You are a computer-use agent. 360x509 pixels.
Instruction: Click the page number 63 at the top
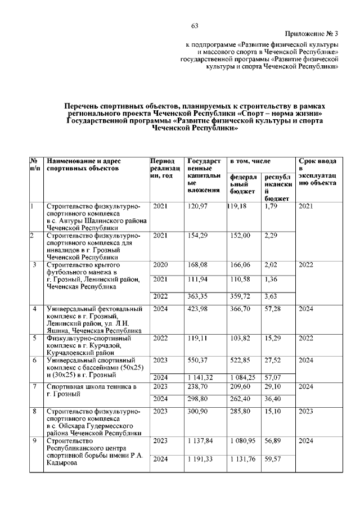[195, 26]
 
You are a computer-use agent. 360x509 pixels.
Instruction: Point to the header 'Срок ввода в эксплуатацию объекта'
[318, 172]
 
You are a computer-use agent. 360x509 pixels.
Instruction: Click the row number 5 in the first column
[34, 339]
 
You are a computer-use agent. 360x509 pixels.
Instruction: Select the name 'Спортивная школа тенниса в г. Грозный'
[92, 390]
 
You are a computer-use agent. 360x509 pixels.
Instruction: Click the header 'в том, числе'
[247, 161]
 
